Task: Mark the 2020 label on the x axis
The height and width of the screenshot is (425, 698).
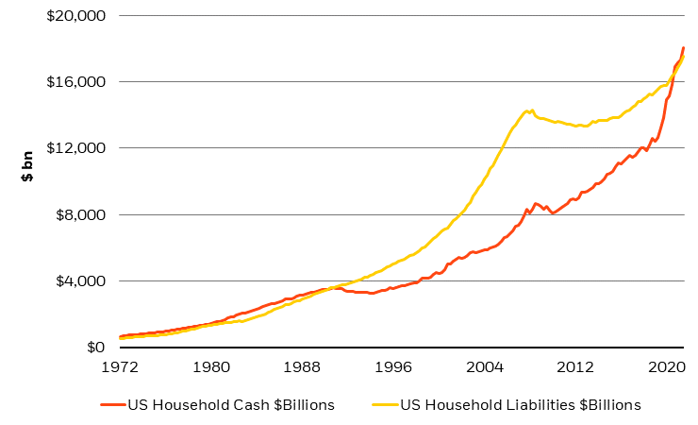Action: pos(667,365)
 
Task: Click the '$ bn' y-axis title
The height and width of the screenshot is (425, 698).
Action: pos(28,166)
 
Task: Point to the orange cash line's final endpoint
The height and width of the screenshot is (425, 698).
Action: pos(683,47)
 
